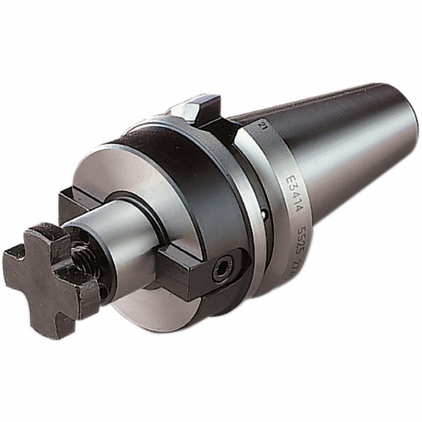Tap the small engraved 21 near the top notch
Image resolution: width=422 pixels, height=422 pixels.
pyautogui.click(x=261, y=127)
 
